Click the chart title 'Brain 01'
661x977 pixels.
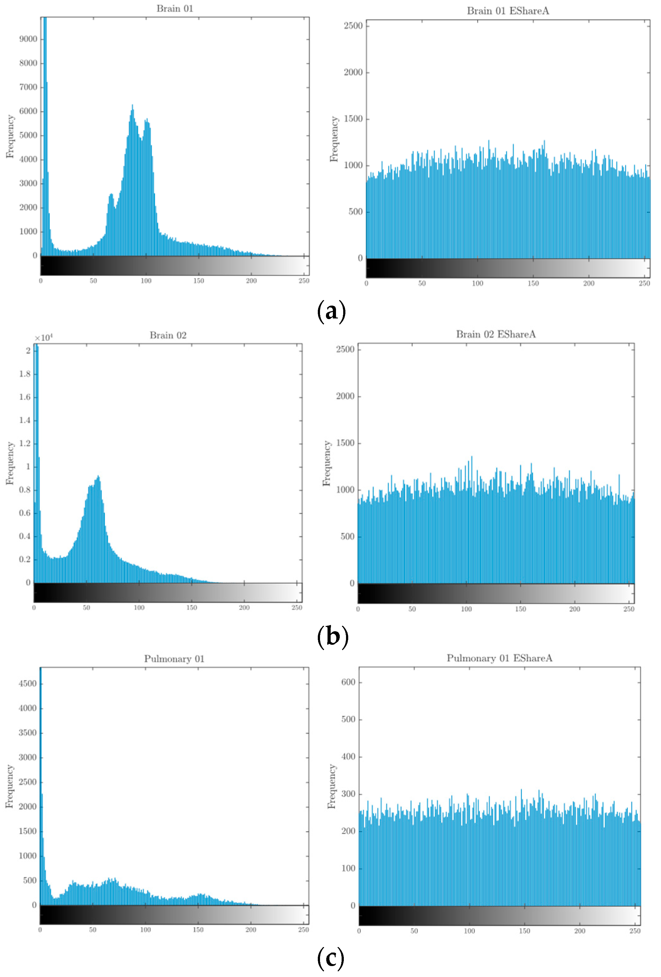click(x=175, y=8)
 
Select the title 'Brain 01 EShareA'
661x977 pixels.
click(x=507, y=11)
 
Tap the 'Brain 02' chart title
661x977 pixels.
click(x=168, y=335)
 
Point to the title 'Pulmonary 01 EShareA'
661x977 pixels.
click(x=499, y=658)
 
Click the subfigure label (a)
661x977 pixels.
click(x=331, y=312)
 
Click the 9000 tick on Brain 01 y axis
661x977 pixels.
click(x=28, y=39)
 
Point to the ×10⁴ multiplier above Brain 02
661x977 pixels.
click(x=43, y=338)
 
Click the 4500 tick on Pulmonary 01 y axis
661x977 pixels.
click(x=28, y=684)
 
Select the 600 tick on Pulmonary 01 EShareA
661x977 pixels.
click(x=348, y=682)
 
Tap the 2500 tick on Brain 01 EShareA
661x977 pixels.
click(x=353, y=26)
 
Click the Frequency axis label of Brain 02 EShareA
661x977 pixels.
click(x=327, y=463)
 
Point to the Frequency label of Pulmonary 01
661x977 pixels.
click(x=9, y=786)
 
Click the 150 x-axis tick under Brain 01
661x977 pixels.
click(x=198, y=281)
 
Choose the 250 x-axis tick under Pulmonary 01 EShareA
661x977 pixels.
click(x=634, y=931)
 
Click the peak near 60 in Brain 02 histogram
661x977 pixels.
click(x=98, y=477)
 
